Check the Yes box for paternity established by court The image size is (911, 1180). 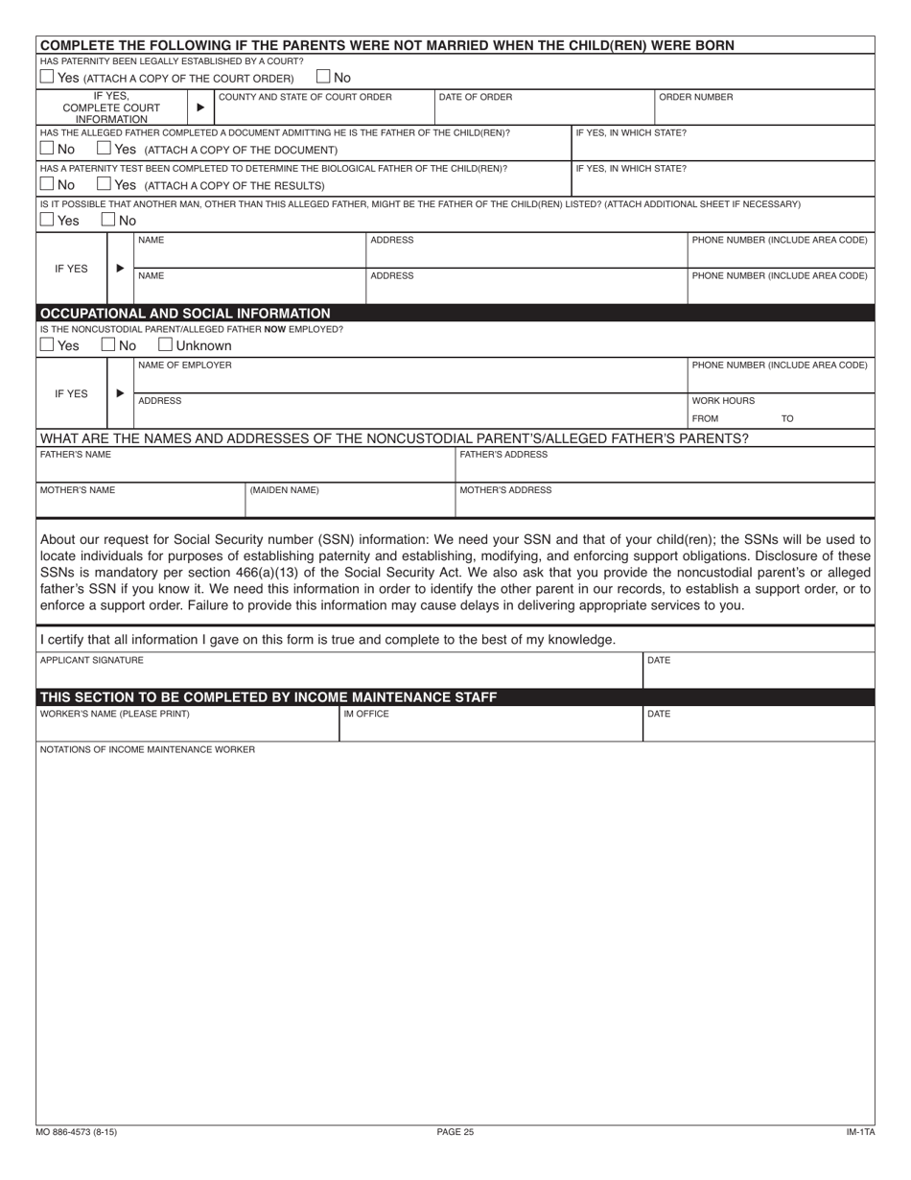[47, 77]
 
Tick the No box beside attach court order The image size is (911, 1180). [323, 77]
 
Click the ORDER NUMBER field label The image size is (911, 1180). [695, 97]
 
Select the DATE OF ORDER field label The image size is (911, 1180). [475, 97]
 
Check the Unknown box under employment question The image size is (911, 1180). [165, 345]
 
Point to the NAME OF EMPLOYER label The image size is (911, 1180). [184, 365]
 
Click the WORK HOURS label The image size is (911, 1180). [723, 401]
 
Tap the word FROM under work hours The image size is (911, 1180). [705, 419]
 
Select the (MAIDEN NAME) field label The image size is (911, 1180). [284, 490]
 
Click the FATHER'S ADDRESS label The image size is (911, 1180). [503, 455]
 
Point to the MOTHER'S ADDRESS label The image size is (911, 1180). [505, 490]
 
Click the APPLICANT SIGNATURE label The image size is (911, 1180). [92, 660]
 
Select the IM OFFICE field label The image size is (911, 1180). [366, 714]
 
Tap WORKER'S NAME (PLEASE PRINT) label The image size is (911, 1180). [114, 714]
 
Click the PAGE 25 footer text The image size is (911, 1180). [455, 1132]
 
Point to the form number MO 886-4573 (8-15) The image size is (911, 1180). [79, 1132]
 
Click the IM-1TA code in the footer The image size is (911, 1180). [860, 1132]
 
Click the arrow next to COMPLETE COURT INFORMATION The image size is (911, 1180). [199, 107]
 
